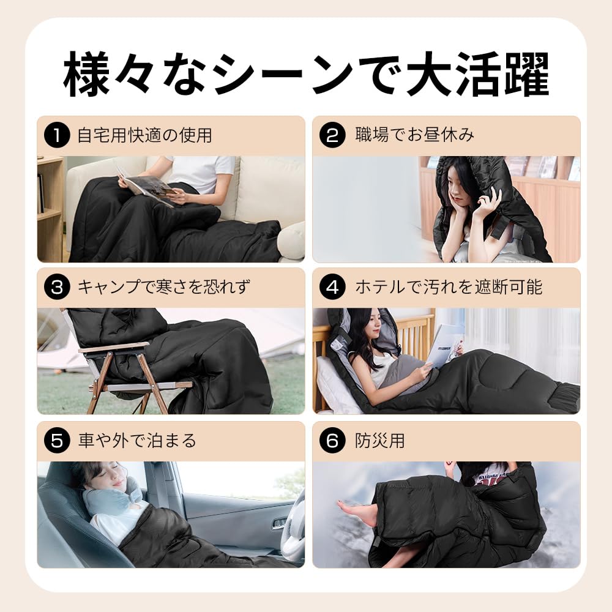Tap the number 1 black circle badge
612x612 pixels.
click(x=57, y=135)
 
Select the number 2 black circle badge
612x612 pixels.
click(x=332, y=135)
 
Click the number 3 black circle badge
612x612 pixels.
click(x=57, y=287)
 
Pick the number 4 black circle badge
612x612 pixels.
click(x=332, y=287)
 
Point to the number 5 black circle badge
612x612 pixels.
click(x=57, y=441)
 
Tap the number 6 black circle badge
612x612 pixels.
click(x=332, y=441)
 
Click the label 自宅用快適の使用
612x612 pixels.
click(x=145, y=135)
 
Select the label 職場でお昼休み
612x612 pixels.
click(x=414, y=135)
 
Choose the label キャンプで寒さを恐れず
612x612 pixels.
click(x=164, y=287)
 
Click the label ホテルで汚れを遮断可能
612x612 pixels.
click(x=449, y=287)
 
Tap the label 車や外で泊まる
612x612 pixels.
click(x=137, y=441)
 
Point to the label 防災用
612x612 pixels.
click(x=380, y=441)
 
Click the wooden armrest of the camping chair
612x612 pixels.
click(x=114, y=347)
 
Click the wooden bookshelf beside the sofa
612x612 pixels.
click(x=50, y=208)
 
